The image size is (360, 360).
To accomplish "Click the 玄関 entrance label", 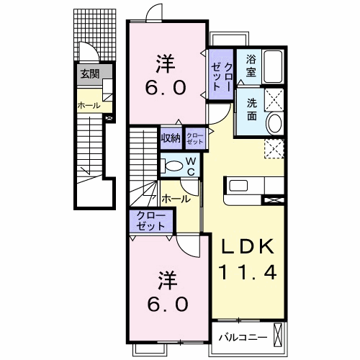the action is (x=90, y=74).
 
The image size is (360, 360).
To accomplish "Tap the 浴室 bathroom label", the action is (x=251, y=66).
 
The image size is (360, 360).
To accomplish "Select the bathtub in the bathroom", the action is (x=273, y=66).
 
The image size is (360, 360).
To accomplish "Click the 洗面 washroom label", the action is (x=252, y=109).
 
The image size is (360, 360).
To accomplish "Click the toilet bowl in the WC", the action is (x=174, y=166).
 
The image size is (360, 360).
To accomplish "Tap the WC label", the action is (x=192, y=166).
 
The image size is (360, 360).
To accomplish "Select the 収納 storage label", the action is (x=171, y=138).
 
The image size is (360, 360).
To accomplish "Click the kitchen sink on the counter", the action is (x=238, y=186).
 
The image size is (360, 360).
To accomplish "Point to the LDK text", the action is (x=248, y=246).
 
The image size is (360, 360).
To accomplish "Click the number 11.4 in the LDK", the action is (x=248, y=272).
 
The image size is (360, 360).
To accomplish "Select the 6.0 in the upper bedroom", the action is (x=166, y=87).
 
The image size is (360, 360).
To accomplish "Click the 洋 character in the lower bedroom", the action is (x=168, y=280).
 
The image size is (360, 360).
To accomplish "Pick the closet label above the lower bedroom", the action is (x=150, y=221).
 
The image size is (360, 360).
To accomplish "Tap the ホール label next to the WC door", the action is (x=176, y=199).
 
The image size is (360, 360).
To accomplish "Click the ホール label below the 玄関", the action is (x=89, y=105).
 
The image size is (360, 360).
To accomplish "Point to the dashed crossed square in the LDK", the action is (x=274, y=149).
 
